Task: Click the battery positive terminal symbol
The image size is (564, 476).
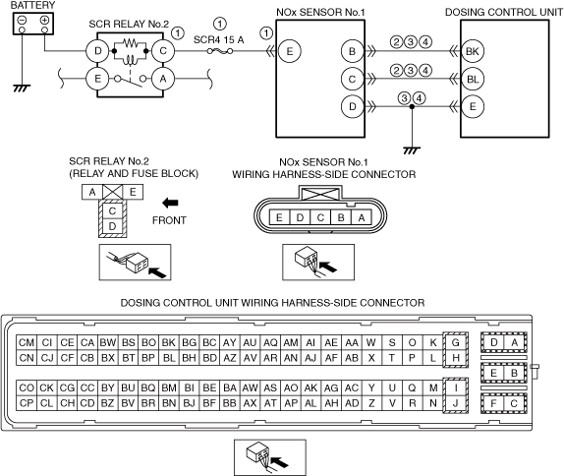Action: point(44,21)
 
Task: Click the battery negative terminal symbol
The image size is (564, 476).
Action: point(22,21)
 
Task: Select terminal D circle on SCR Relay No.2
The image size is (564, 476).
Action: point(97,51)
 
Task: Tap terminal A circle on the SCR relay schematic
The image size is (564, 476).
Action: point(163,79)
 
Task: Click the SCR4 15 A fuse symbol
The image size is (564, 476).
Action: point(220,51)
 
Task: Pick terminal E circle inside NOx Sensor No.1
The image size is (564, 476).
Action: point(290,51)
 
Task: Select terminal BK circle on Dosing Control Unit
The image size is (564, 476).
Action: point(473,51)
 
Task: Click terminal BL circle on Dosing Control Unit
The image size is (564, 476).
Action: point(473,79)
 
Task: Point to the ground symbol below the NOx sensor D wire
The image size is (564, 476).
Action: point(412,150)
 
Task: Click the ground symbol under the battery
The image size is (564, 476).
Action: point(22,89)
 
